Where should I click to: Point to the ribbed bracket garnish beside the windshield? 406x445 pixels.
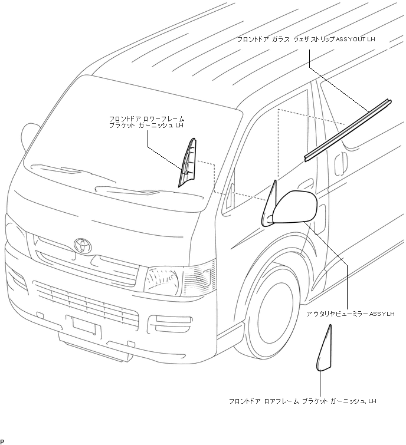pyautogui.click(x=188, y=161)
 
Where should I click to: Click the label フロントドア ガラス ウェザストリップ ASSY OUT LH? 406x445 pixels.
pyautogui.click(x=306, y=39)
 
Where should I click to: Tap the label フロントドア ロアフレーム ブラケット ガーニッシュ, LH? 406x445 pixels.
pyautogui.click(x=302, y=401)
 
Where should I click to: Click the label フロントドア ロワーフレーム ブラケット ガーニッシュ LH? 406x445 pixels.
pyautogui.click(x=147, y=122)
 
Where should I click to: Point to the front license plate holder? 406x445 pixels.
pyautogui.click(x=87, y=326)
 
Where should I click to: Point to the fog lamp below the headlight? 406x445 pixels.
pyautogui.click(x=166, y=321)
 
